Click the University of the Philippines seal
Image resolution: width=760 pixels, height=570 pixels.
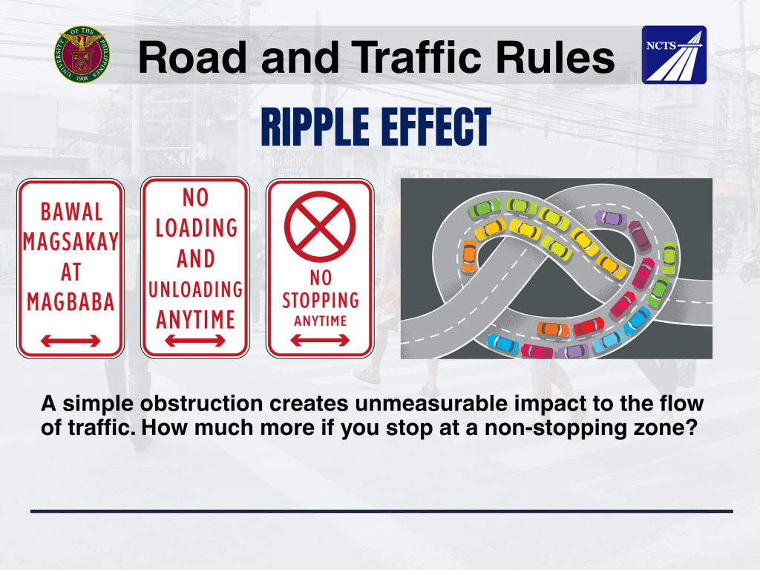[82, 54]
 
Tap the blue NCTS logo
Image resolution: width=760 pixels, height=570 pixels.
[674, 55]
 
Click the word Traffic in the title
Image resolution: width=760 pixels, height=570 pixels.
[416, 57]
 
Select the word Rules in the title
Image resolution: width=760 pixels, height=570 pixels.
[554, 57]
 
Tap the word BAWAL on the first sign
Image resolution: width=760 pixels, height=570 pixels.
[71, 212]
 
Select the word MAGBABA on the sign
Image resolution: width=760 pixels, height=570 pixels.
[71, 302]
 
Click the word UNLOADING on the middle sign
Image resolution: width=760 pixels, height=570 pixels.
[195, 289]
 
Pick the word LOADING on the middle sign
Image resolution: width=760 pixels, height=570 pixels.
[196, 228]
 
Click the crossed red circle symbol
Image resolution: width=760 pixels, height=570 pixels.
[320, 226]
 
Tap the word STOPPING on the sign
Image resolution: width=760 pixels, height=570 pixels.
[321, 301]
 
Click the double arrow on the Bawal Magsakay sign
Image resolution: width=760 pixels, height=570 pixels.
[71, 341]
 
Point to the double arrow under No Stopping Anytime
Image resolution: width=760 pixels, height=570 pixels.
[320, 340]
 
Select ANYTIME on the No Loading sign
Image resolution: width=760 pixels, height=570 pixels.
[195, 319]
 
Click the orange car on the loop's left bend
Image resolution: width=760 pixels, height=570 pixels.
[469, 255]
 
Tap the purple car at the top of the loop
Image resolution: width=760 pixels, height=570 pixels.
[610, 217]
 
